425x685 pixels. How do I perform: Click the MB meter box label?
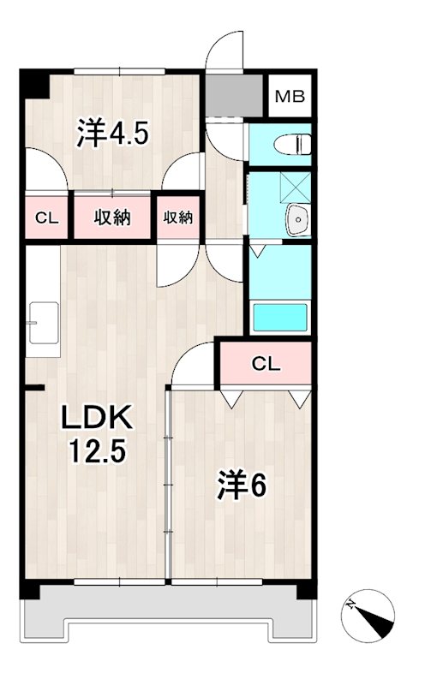coord(290,96)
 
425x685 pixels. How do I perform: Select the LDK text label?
coord(95,419)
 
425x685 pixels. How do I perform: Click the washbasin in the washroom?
coord(296,221)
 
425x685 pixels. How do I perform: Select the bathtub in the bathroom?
coord(279,317)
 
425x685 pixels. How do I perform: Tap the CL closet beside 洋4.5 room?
coord(46,217)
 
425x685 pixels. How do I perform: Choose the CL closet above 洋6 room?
coord(266,363)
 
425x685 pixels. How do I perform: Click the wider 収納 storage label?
coord(112,217)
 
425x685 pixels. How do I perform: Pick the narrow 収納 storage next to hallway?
coord(178,217)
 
